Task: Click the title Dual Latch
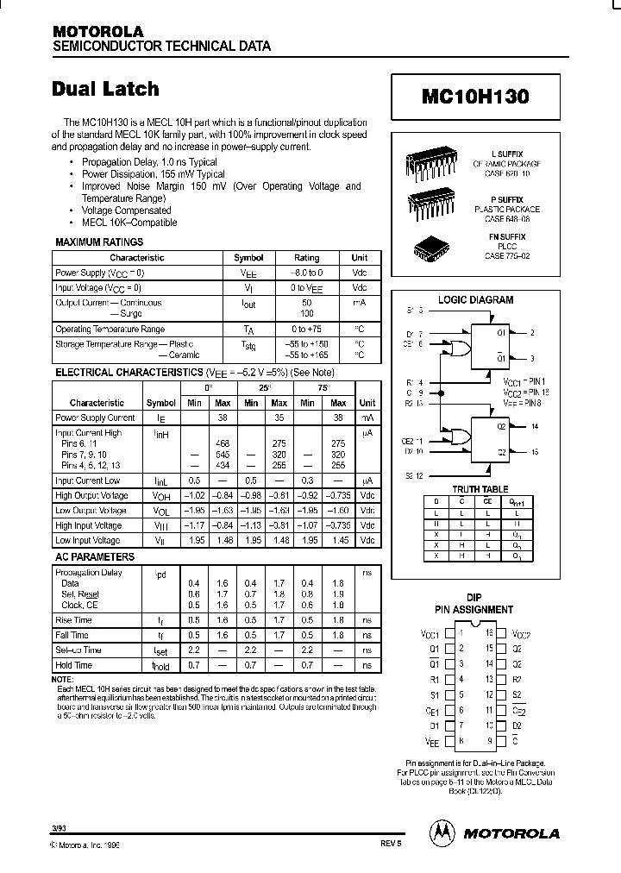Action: (105, 89)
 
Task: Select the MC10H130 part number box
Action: (475, 97)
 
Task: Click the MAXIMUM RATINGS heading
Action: (99, 242)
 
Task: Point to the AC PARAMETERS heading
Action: (95, 557)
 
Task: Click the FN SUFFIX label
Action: (507, 236)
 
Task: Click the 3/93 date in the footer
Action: (59, 827)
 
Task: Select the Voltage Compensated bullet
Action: (126, 210)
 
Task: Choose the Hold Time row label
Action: (73, 666)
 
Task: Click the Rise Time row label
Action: (73, 619)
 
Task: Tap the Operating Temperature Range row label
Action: (110, 330)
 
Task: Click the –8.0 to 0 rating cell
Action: (306, 272)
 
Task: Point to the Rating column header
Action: (306, 258)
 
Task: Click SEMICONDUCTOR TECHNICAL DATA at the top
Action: (162, 46)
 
